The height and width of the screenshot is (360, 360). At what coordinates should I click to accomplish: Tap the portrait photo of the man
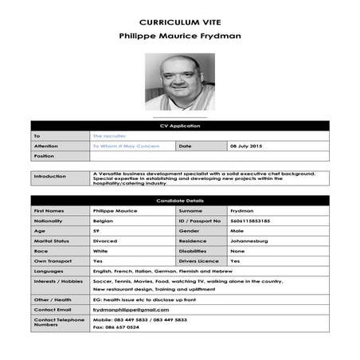click(x=179, y=81)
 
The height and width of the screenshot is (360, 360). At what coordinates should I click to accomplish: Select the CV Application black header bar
click(x=179, y=126)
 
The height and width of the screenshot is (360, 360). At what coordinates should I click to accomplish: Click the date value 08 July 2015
click(x=245, y=147)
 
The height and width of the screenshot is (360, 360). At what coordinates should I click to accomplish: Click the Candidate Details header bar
click(x=179, y=200)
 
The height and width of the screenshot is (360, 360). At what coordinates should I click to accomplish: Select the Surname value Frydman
click(x=242, y=210)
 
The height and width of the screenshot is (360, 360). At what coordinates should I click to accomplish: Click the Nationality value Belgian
click(x=104, y=221)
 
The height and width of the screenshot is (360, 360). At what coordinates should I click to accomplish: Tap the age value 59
click(x=96, y=231)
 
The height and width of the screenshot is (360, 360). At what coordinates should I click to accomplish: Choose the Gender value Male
click(x=237, y=231)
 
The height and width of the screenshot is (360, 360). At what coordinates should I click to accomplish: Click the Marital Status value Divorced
click(x=105, y=241)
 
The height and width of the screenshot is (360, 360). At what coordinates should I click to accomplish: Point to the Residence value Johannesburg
click(x=248, y=241)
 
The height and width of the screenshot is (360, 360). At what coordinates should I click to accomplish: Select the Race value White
click(x=100, y=251)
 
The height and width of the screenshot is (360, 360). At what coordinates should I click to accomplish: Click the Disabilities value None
click(x=237, y=251)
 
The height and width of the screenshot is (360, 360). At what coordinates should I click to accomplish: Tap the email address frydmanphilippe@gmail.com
click(x=131, y=309)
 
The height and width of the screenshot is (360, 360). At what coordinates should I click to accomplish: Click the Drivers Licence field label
click(x=198, y=260)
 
